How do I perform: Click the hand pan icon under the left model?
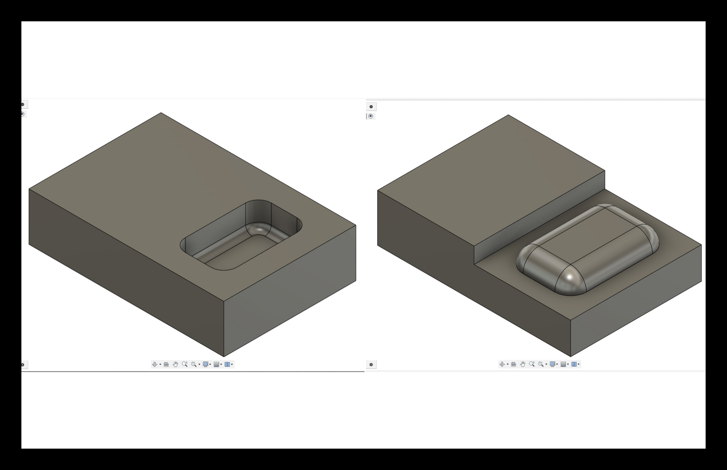(175, 364)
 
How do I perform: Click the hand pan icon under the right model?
(523, 364)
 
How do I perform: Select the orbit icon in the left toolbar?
(155, 364)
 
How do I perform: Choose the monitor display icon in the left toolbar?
(206, 364)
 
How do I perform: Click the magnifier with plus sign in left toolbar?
(184, 364)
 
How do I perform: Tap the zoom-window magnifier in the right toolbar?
(541, 364)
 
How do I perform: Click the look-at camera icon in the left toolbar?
(166, 364)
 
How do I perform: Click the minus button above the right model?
(371, 107)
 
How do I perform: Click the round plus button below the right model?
(371, 364)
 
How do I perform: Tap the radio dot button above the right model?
(371, 116)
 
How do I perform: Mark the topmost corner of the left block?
(161, 113)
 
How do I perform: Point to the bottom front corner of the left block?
(224, 356)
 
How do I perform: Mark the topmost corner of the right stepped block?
(508, 115)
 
